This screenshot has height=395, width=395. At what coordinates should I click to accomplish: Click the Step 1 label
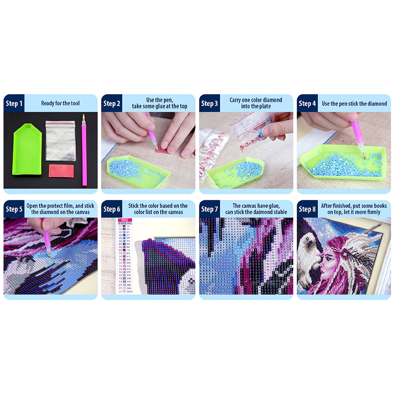tap(14, 103)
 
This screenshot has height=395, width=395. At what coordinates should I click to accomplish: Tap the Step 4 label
tap(307, 103)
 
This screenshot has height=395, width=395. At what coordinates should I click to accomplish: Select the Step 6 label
tap(112, 209)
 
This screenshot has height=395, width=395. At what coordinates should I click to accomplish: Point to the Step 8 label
tap(307, 209)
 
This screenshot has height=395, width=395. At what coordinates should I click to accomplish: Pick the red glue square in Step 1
tap(61, 171)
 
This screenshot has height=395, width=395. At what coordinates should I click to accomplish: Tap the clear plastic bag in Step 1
tap(60, 140)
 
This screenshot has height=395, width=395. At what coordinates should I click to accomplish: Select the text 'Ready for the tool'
tap(60, 103)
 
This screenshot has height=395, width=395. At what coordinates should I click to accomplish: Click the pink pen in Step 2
tap(151, 130)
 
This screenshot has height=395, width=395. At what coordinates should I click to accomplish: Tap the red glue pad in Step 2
tap(162, 150)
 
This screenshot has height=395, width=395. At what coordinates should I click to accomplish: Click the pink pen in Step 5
tap(47, 241)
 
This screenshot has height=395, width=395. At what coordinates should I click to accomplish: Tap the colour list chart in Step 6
tap(124, 260)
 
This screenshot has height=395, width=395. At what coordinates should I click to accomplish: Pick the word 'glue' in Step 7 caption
tap(268, 206)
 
